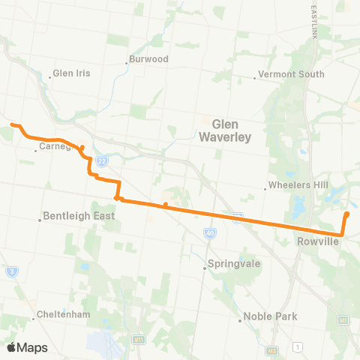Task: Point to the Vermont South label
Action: click(x=292, y=74)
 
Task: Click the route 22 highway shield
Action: click(x=103, y=160)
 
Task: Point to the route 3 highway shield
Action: click(x=12, y=271)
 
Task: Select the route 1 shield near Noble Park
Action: click(x=298, y=346)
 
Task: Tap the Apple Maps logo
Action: click(x=28, y=347)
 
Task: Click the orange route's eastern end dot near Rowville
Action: click(x=347, y=215)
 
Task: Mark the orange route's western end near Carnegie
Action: click(x=11, y=124)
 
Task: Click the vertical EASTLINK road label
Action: click(x=312, y=22)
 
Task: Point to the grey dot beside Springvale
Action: click(x=205, y=268)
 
